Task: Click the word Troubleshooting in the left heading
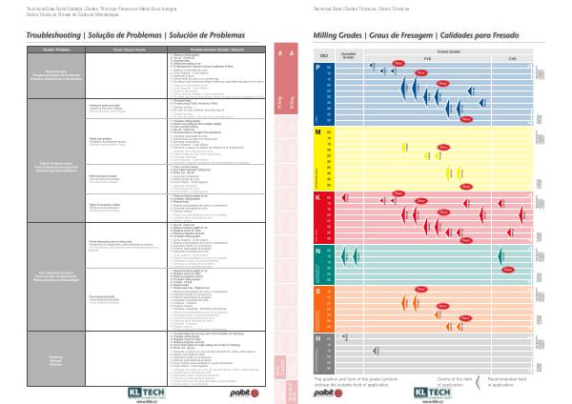coord(33,33)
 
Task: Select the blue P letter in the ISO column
coord(317,69)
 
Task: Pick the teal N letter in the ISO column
coord(317,250)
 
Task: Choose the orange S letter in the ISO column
coord(317,290)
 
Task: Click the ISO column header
coord(324,57)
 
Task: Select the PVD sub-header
coord(427,59)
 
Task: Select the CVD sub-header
coord(512,59)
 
